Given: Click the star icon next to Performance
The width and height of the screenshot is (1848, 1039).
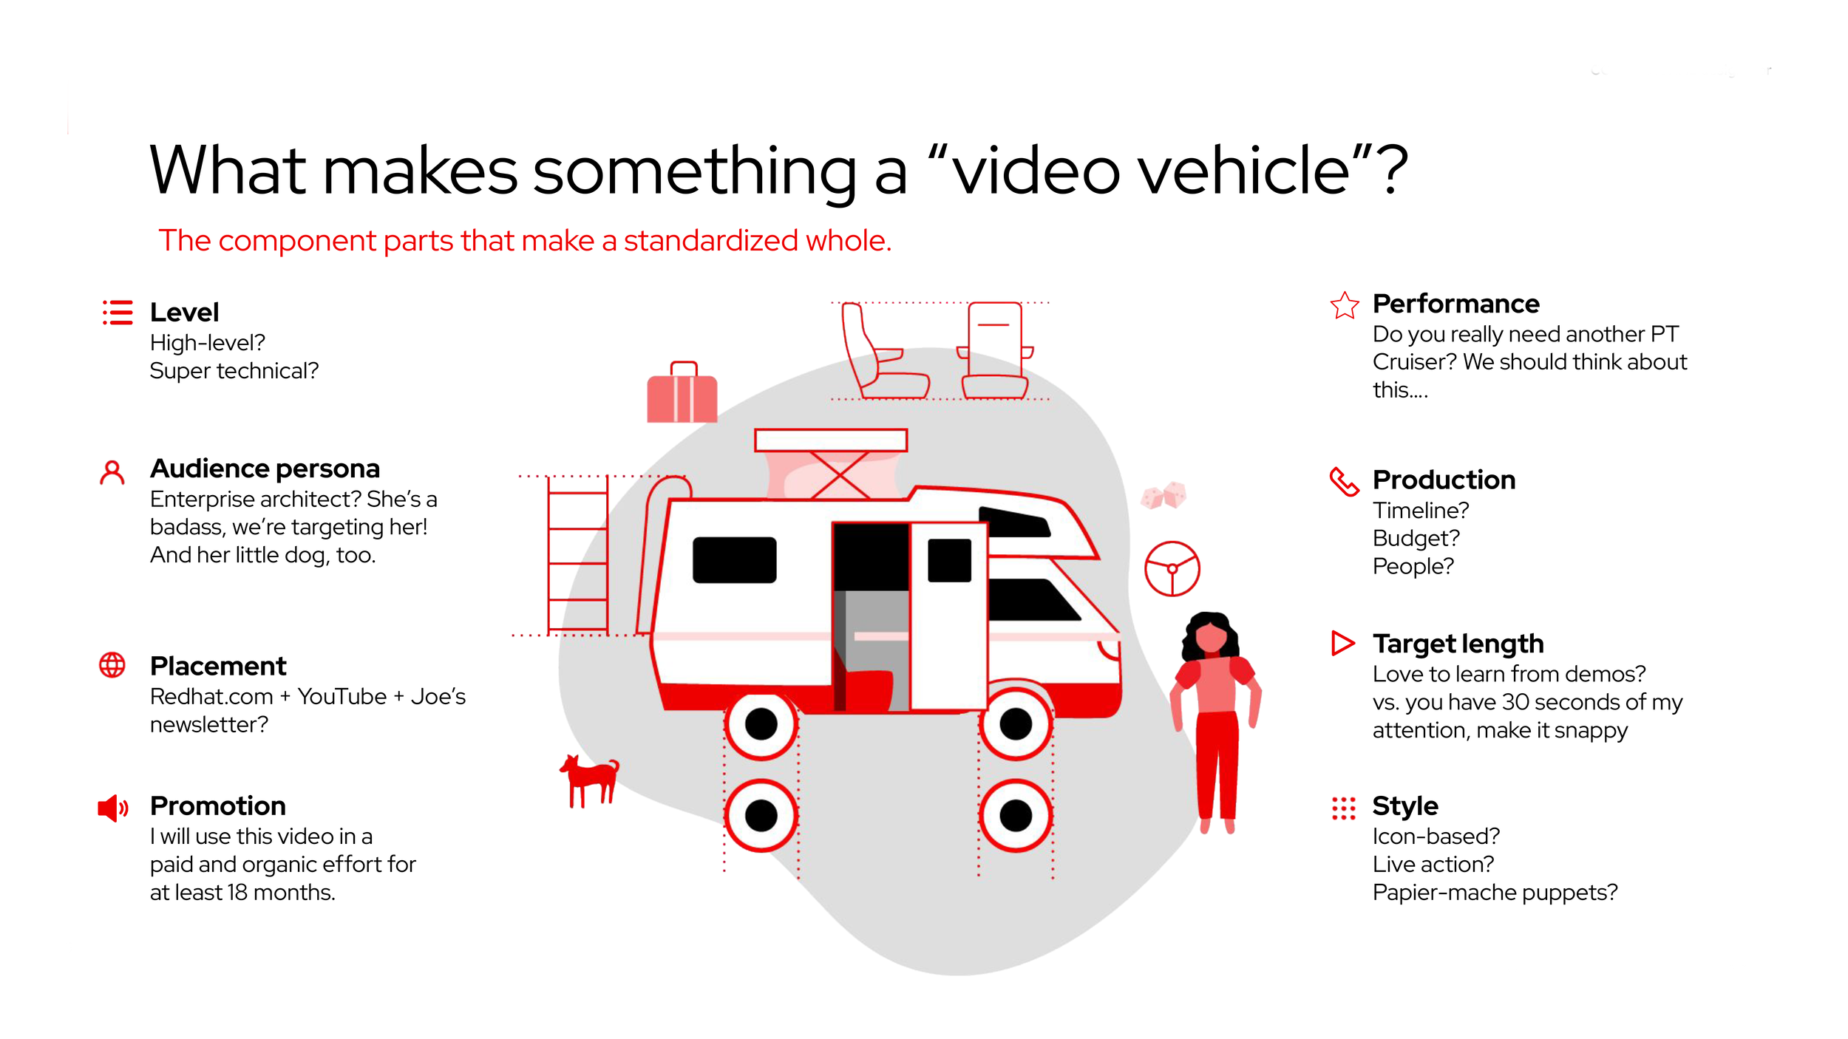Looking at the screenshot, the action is click(1344, 305).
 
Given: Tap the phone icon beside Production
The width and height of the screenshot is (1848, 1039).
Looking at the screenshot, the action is click(1344, 481).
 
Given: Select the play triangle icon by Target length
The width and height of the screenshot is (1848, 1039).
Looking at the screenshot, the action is click(1342, 643).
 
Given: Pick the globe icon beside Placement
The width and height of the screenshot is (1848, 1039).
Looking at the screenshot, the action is click(112, 665).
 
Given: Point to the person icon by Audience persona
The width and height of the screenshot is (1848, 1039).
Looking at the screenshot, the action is click(112, 473).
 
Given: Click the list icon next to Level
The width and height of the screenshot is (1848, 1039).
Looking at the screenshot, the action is click(118, 313).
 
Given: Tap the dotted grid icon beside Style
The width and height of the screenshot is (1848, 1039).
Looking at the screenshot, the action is click(1343, 808).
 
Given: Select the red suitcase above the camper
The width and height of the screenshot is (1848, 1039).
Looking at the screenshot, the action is click(682, 395).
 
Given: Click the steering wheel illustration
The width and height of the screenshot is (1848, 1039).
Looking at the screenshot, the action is click(1172, 568).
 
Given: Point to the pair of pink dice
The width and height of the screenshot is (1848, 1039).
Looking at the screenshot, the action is click(1164, 495).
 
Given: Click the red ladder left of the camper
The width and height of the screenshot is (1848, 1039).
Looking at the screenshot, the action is click(577, 554).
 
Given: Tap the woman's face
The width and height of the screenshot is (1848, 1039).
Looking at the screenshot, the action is click(1211, 636).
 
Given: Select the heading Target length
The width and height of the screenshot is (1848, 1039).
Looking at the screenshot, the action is click(1458, 644).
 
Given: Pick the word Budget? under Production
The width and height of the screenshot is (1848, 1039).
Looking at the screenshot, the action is click(1416, 538).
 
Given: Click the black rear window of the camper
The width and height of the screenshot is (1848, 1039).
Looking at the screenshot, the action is click(734, 559).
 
